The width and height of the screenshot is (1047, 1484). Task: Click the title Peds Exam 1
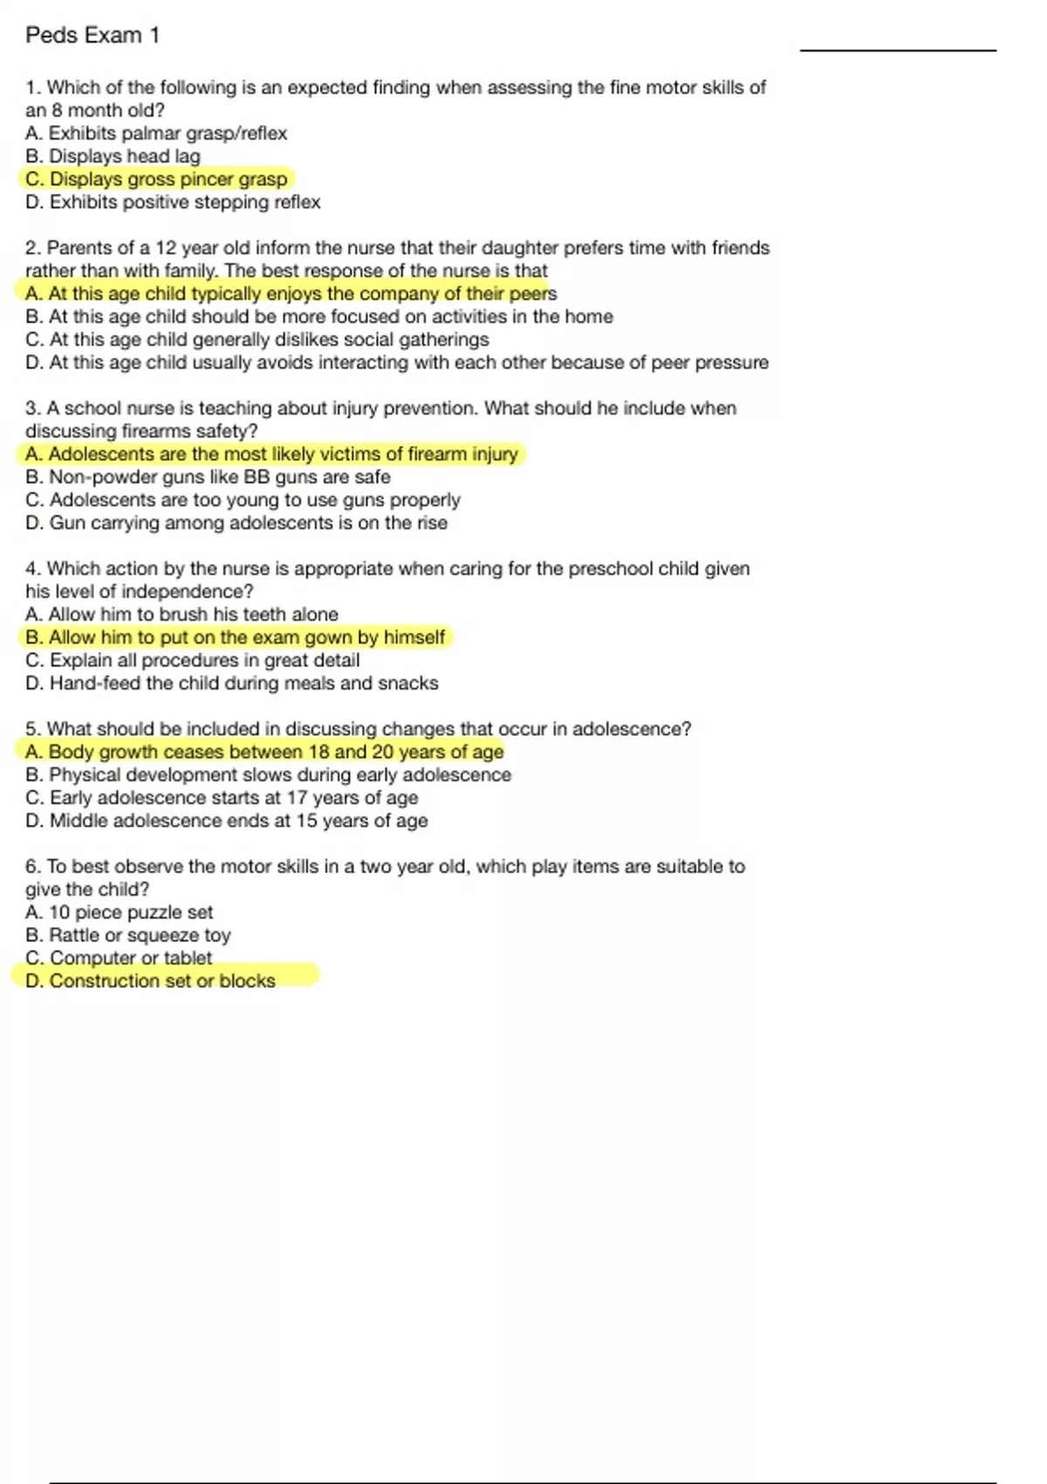[92, 35]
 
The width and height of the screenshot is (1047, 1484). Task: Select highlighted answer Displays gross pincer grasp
[157, 179]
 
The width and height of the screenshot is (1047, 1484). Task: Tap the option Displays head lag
[113, 156]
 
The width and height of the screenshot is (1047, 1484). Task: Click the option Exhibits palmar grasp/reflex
[157, 134]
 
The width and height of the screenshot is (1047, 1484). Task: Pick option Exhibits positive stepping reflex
[174, 203]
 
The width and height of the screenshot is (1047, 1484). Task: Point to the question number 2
[31, 248]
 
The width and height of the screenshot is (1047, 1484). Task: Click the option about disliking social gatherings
[257, 340]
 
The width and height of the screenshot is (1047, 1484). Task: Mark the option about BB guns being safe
[209, 477]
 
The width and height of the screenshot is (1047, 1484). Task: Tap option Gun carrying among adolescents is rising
[236, 523]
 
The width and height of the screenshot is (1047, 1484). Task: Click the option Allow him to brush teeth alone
[182, 615]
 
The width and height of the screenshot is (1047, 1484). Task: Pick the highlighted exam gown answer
[236, 637]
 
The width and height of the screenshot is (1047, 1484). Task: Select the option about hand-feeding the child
[232, 684]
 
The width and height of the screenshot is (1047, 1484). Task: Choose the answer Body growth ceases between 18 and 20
[265, 752]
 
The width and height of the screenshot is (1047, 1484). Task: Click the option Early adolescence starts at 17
[222, 798]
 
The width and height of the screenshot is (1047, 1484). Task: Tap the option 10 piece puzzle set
[120, 912]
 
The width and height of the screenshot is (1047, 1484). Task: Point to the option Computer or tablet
[119, 958]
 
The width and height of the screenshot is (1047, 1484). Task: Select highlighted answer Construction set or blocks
[151, 981]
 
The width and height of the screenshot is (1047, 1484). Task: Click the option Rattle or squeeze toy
[128, 935]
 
